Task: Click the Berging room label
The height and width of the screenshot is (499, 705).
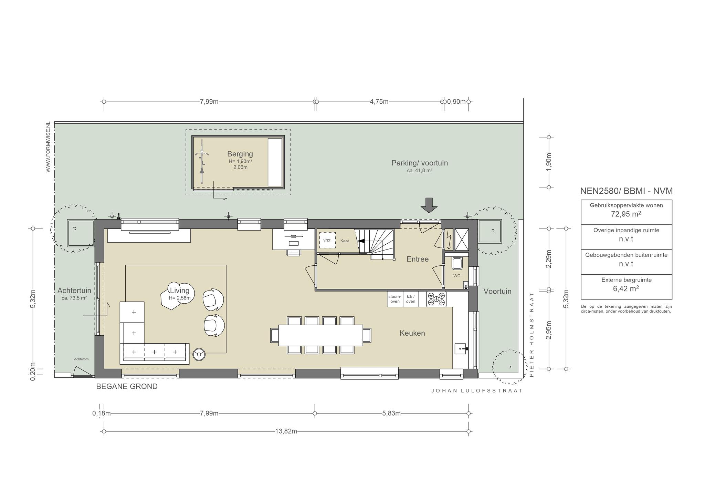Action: [240, 154]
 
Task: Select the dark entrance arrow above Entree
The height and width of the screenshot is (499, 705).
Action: [429, 205]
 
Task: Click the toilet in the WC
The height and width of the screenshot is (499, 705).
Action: [457, 263]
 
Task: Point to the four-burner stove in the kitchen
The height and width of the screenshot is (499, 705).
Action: [436, 299]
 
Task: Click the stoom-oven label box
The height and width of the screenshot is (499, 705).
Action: [395, 299]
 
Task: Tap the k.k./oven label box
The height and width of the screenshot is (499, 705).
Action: [411, 299]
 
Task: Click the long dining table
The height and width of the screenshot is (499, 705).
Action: [320, 335]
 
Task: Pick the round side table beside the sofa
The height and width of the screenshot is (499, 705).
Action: [199, 354]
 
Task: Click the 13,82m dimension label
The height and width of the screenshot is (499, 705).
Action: [286, 431]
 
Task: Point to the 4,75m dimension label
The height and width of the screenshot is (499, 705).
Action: [379, 102]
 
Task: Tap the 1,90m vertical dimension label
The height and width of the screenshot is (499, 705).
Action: [549, 162]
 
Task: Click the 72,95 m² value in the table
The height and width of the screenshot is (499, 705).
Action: [626, 214]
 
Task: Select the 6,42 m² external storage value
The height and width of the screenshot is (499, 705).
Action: [626, 289]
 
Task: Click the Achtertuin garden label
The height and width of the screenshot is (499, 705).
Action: [74, 291]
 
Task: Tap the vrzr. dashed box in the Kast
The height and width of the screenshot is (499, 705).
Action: [327, 240]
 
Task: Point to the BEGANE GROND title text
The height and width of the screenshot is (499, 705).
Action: [127, 387]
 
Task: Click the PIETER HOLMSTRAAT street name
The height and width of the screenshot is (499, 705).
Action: [532, 335]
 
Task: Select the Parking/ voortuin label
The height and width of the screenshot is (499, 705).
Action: [420, 163]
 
